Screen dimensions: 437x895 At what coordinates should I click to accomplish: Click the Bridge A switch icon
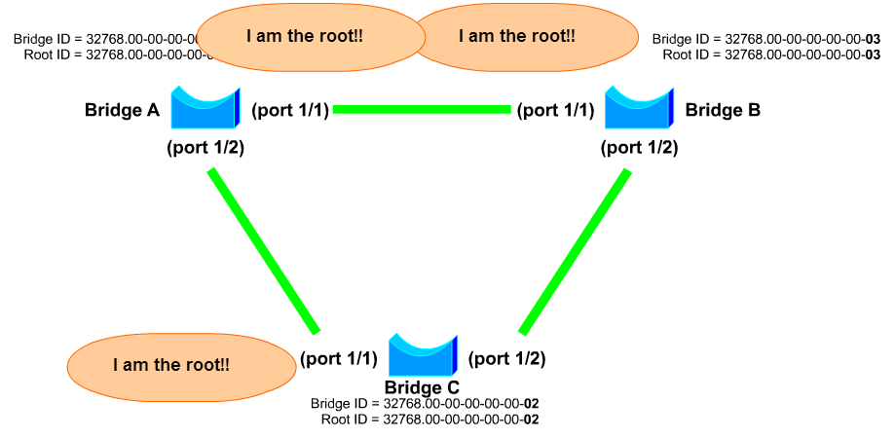(205, 108)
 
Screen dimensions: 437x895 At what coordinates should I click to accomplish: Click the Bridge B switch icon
(639, 108)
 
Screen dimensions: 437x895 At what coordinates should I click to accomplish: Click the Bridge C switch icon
(422, 355)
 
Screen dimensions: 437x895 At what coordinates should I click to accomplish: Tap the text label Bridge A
(122, 110)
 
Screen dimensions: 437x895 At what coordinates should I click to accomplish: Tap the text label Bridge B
(723, 110)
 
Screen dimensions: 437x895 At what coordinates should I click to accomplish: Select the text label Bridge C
(422, 388)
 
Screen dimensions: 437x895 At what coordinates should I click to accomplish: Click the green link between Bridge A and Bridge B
(422, 110)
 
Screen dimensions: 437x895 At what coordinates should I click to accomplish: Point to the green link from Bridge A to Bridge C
(263, 250)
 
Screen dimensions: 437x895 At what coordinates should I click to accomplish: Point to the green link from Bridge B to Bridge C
(575, 251)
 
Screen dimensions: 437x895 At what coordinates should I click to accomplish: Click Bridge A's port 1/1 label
(290, 110)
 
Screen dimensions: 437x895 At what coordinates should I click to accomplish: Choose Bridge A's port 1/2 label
(205, 148)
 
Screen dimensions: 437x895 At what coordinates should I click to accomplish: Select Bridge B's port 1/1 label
(555, 110)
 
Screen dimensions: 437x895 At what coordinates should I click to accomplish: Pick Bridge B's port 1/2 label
(639, 148)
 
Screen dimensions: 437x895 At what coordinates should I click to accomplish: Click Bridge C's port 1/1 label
(338, 358)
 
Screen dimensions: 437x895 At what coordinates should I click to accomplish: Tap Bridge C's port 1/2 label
(506, 358)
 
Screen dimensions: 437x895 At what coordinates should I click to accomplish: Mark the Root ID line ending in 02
(429, 419)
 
